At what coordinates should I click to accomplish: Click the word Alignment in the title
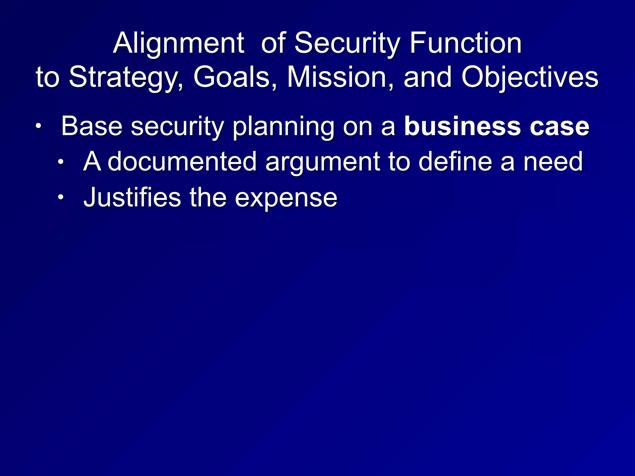[x=178, y=44]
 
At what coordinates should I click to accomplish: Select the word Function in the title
[x=465, y=44]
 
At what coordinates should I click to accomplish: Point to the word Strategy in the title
[x=126, y=78]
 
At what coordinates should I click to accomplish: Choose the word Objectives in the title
[x=530, y=78]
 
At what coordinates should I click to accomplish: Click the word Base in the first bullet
[x=92, y=126]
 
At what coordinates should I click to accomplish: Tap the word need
[x=553, y=161]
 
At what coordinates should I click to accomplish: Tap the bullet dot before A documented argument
[x=61, y=161]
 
